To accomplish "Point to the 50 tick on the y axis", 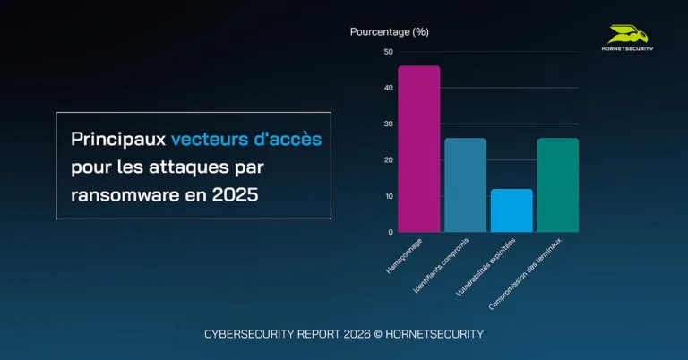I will pos(388,52).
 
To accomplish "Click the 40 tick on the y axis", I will pos(388,88).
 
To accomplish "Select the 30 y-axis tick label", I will pos(388,124).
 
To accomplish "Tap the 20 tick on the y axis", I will pos(388,160).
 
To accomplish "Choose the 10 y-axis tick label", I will pos(388,196).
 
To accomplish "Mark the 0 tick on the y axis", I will pos(390,232).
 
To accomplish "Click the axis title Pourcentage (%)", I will pos(389,32).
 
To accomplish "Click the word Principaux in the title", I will pos(118,140).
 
